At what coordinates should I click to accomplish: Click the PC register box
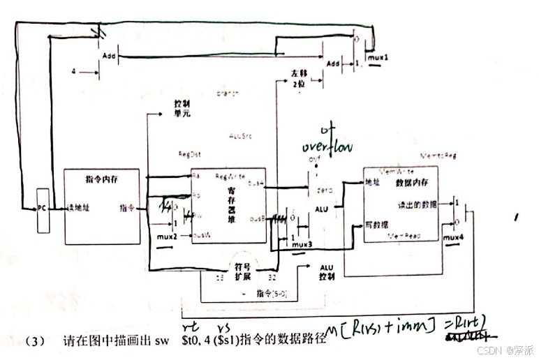click(43, 209)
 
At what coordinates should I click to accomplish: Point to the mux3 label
click(302, 244)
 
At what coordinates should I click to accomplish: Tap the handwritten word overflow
click(328, 147)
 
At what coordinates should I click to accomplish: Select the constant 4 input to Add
click(74, 71)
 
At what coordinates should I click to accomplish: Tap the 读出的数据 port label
click(416, 204)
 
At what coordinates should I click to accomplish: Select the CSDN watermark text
click(505, 350)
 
